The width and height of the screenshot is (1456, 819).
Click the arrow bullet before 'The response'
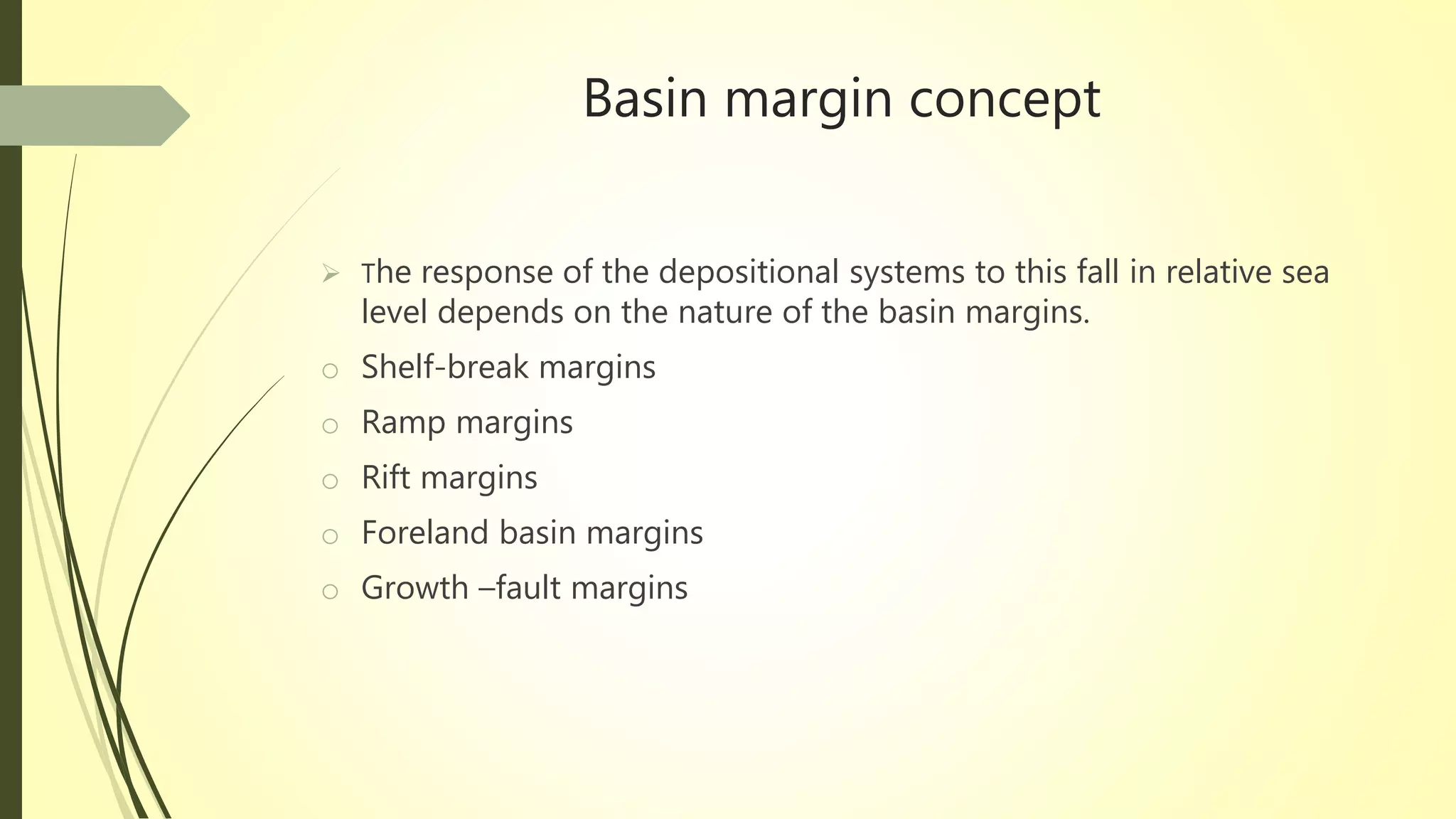click(x=330, y=273)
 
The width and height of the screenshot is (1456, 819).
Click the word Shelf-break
click(x=445, y=368)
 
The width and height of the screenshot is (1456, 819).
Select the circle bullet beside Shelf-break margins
click(x=330, y=370)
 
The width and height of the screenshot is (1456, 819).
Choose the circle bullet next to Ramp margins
click(x=330, y=426)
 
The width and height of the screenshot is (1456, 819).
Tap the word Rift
click(x=386, y=478)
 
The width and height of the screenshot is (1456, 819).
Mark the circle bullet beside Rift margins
click(x=330, y=481)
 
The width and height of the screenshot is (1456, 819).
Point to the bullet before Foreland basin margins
click(x=330, y=536)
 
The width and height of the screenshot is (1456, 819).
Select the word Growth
click(x=414, y=589)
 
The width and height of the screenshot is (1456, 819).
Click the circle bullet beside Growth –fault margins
click(x=330, y=591)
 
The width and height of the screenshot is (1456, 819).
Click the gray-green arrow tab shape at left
click(x=92, y=116)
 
